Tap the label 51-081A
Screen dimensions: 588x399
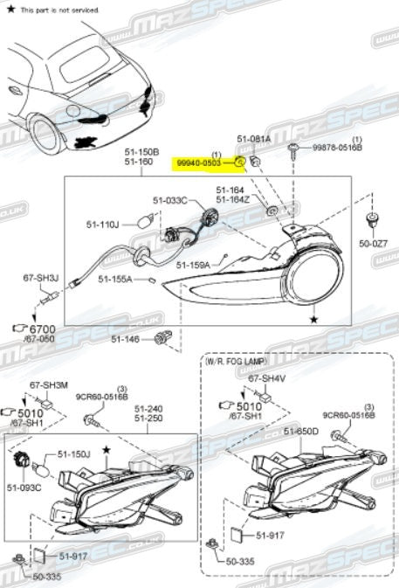[x=253, y=139]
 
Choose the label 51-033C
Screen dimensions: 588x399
[x=171, y=200]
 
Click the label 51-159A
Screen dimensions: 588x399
[x=192, y=265]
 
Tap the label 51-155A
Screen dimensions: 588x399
[x=115, y=280]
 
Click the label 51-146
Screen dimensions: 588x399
[x=126, y=337]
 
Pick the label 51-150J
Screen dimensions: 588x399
[x=74, y=454]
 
